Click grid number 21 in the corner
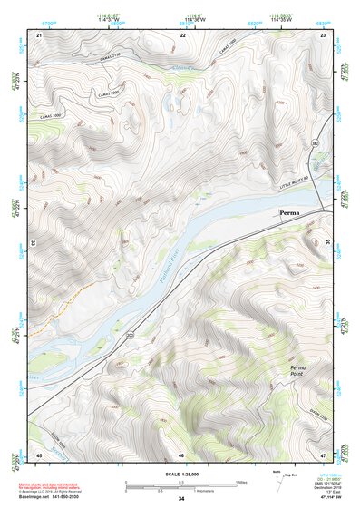pyautogui.click(x=39, y=34)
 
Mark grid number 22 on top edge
pyautogui.click(x=183, y=34)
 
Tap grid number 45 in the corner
pyautogui.click(x=39, y=455)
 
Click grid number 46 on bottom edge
pyautogui.click(x=181, y=455)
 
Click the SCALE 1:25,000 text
pyautogui.click(x=181, y=475)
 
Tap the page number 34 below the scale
pyautogui.click(x=181, y=499)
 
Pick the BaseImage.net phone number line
pyautogui.click(x=54, y=496)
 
